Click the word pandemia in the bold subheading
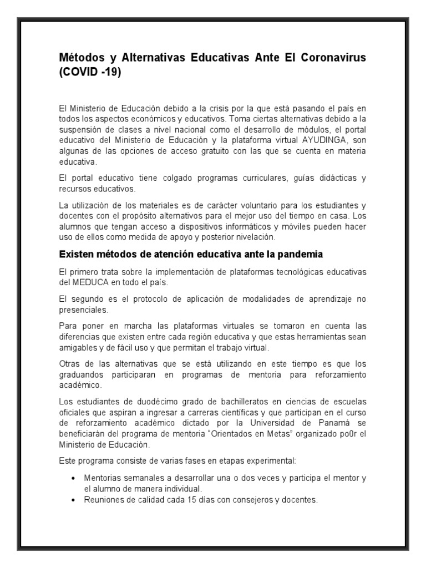point(303,255)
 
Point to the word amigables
point(78,347)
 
